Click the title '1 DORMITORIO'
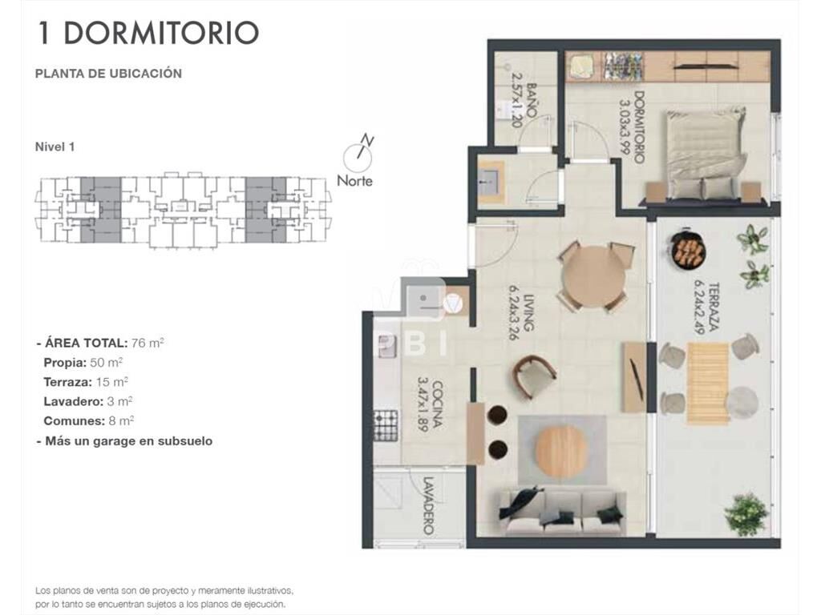coord(148,33)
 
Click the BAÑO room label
coord(532,100)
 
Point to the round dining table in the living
coord(593,277)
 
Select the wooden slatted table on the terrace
coord(708,383)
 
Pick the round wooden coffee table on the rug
coord(561,452)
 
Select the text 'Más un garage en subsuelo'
coord(129,441)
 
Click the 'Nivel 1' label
coord(55,147)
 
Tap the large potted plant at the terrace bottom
coord(747,512)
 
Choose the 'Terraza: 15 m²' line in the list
coord(86,382)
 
